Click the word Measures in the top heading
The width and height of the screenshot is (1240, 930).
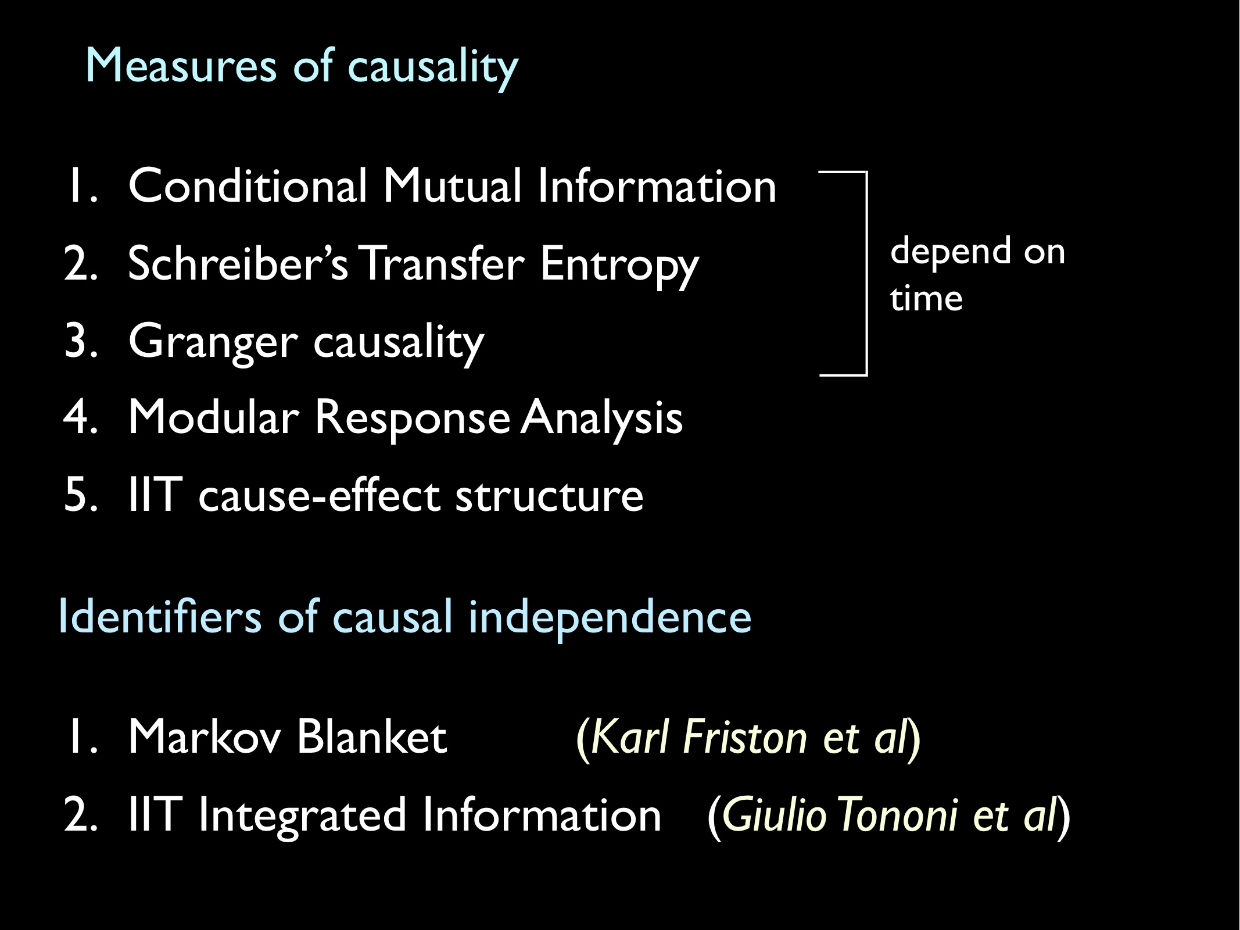(181, 66)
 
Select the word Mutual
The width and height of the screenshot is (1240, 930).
(452, 186)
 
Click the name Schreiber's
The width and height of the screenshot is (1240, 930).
(237, 264)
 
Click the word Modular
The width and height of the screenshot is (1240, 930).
(213, 417)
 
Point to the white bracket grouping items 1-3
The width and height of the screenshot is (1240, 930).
(866, 273)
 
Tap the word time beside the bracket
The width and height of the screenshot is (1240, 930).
(926, 299)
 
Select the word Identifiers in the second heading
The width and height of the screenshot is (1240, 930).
(160, 617)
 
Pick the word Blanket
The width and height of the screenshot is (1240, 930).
(372, 737)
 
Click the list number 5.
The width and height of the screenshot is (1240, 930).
(79, 495)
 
